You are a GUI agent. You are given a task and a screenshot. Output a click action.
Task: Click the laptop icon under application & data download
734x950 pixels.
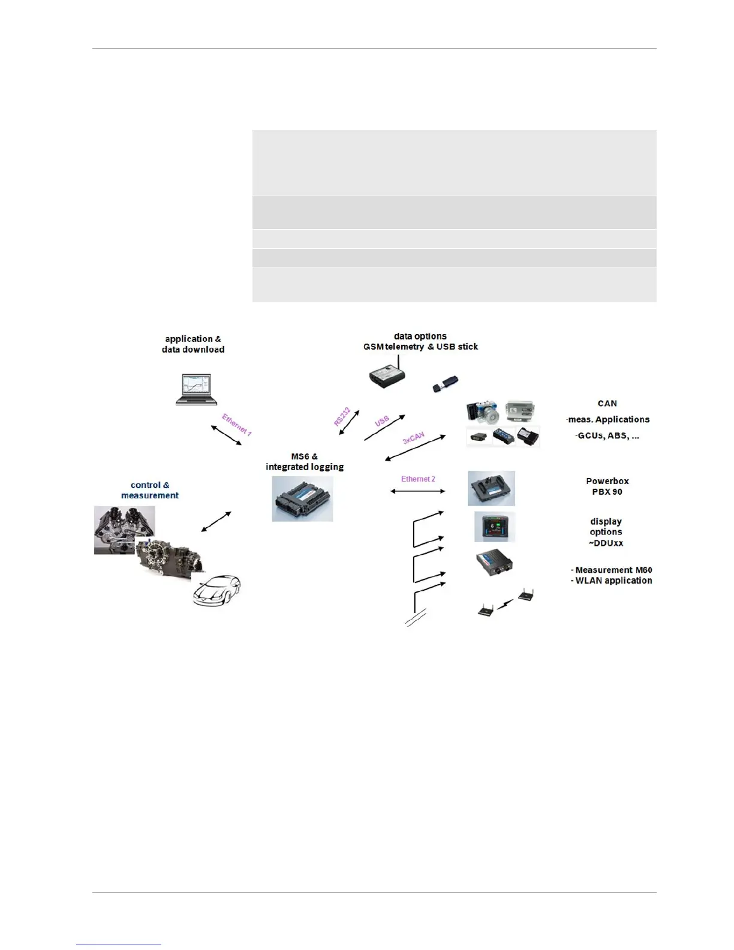coord(196,389)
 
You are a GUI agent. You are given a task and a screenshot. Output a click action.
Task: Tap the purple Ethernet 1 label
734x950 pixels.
coord(237,424)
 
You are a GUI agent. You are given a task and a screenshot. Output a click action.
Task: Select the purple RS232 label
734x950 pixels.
coord(342,416)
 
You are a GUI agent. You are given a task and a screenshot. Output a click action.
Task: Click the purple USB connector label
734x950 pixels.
coord(382,421)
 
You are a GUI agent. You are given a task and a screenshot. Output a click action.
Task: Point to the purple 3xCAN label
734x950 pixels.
coord(413,438)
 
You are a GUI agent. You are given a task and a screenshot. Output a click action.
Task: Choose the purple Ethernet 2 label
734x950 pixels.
coord(418,479)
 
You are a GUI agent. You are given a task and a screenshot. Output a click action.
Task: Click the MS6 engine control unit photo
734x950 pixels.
coord(302,498)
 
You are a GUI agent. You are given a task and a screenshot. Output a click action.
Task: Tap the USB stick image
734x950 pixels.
coord(446,384)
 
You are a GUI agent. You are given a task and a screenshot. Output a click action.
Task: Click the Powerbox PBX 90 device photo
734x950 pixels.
coord(491,488)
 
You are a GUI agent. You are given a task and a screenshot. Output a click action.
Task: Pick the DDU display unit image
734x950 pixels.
coord(495,527)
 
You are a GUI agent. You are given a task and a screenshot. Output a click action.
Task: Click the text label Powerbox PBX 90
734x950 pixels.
coord(607,486)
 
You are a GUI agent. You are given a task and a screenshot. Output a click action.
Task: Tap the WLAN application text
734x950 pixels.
coord(613,581)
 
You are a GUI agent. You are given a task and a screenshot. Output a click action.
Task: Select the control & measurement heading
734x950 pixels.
coord(150,490)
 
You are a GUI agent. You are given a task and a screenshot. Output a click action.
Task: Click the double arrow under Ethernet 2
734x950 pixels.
coord(418,491)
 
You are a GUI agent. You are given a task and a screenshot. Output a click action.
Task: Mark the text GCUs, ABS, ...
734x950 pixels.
coord(608,435)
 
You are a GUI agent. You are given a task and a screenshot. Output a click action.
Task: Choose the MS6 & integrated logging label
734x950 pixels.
coord(305,462)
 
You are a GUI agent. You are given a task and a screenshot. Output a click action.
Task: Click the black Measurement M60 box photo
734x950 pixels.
coord(495,563)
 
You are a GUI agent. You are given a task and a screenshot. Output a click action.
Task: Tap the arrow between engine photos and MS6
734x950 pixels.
coord(216,521)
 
